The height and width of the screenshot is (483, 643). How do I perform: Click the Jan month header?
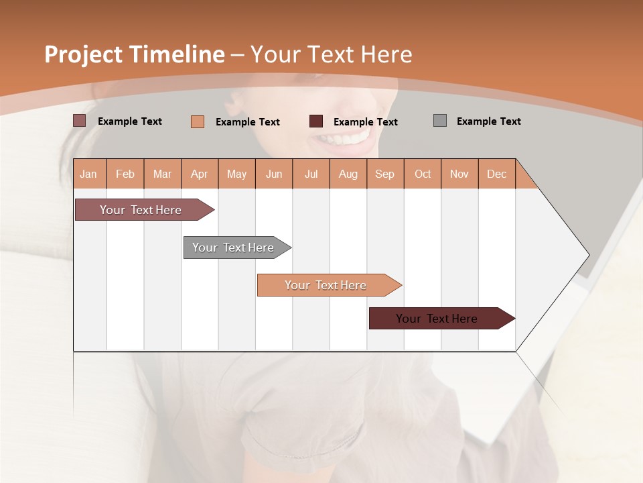click(x=89, y=174)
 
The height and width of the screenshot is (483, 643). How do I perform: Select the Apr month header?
click(x=200, y=174)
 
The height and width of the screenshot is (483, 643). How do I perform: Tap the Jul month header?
click(x=311, y=174)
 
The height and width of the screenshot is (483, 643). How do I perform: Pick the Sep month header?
click(x=384, y=174)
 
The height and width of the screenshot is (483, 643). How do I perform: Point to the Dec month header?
click(x=496, y=174)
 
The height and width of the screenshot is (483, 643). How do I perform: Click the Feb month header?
click(x=125, y=174)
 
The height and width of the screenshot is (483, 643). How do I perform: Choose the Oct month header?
click(x=423, y=174)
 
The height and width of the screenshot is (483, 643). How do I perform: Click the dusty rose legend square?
click(x=80, y=121)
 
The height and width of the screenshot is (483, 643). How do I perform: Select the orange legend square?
click(x=198, y=121)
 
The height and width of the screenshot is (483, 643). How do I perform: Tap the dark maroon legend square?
click(x=316, y=121)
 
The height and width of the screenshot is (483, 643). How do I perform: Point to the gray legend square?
click(x=440, y=121)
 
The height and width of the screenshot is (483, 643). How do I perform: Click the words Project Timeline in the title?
click(x=134, y=54)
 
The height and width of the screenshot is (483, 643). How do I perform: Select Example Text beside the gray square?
click(x=488, y=121)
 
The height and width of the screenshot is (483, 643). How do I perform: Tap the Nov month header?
click(x=459, y=174)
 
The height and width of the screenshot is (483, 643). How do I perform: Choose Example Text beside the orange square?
click(x=247, y=122)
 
